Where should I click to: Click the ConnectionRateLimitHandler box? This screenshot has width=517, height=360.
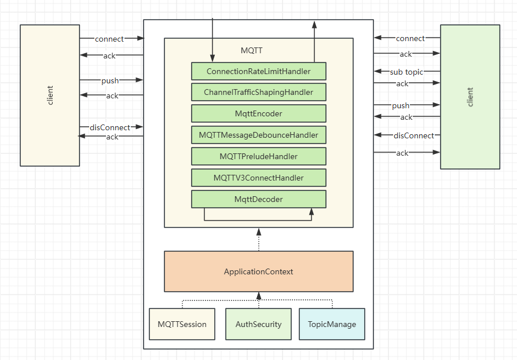pos(258,71)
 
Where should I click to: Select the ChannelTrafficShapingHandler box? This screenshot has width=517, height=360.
pos(258,92)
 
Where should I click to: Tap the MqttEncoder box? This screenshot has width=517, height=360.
pos(258,113)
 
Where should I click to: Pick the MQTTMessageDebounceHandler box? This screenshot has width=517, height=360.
pos(258,135)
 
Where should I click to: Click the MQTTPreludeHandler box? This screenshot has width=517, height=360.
pos(258,156)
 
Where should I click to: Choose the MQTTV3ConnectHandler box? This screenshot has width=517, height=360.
pos(258,178)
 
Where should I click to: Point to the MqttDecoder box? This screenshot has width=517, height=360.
pos(258,199)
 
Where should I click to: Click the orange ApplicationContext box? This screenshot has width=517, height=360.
pos(258,271)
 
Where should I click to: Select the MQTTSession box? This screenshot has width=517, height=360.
pos(182,324)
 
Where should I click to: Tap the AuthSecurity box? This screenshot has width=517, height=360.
pos(258,324)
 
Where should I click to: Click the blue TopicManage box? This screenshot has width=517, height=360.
pos(332,324)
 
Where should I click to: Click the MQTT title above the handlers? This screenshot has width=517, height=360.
pos(251,50)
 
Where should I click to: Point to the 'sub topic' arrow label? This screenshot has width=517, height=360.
pos(406,72)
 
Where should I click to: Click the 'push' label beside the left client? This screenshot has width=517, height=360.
pos(110,80)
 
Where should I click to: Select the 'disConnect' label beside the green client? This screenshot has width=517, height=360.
pos(413,135)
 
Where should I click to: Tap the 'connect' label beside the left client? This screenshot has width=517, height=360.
pos(109,39)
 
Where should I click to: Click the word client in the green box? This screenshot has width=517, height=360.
pos(470,97)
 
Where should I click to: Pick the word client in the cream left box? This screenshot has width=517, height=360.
pos(50,95)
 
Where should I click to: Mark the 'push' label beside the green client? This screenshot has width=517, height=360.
pos(401,105)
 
